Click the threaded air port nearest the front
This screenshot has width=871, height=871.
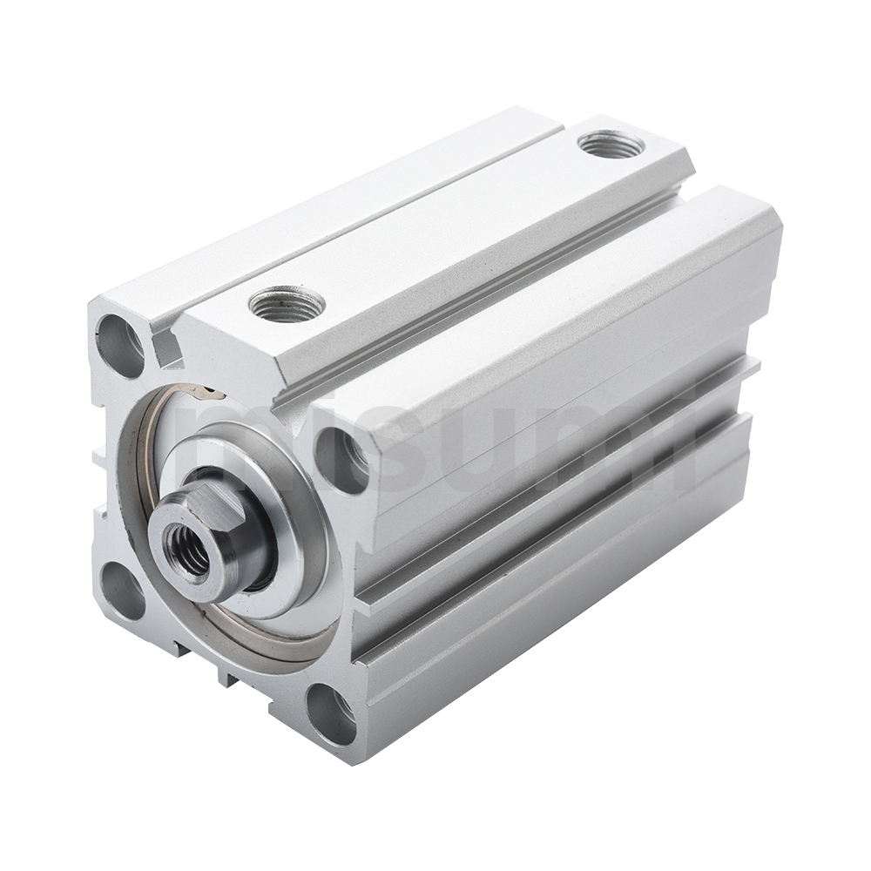[x=287, y=304]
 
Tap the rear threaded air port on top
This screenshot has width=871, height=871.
[x=611, y=144]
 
